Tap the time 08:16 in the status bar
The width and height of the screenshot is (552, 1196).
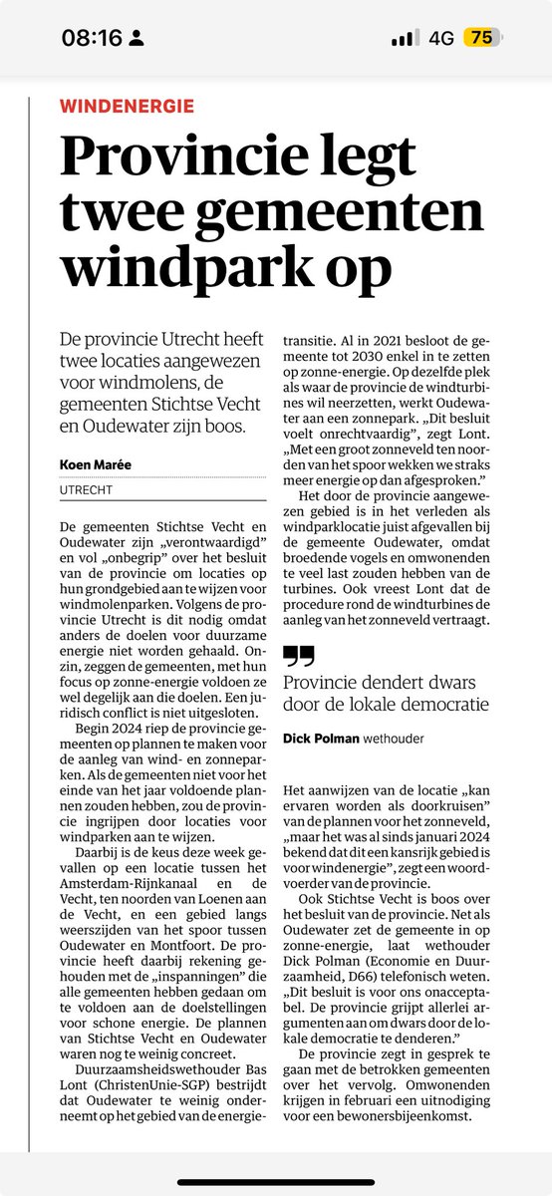point(91,38)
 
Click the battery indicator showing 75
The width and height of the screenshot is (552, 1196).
point(481,38)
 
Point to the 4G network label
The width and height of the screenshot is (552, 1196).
point(440,38)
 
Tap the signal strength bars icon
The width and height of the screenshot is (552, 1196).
point(405,38)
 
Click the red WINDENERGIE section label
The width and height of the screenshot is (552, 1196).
point(128,106)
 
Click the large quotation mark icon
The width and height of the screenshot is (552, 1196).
point(298,655)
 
